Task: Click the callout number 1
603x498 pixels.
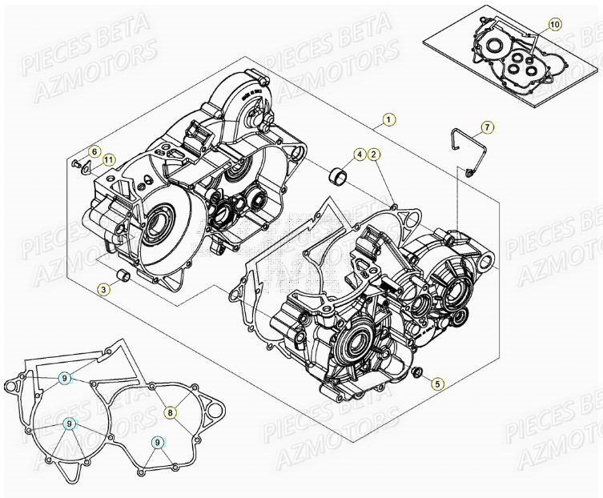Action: point(388,120)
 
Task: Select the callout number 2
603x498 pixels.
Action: point(374,154)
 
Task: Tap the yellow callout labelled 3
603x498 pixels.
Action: point(105,288)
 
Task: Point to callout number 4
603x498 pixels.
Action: point(360,154)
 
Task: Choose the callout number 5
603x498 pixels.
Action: point(437,384)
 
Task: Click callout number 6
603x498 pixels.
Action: point(94,152)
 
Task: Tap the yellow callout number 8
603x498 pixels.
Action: point(170,412)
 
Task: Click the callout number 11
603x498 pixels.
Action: point(109,159)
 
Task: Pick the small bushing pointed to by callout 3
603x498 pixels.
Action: point(123,276)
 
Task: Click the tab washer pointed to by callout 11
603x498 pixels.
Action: point(89,169)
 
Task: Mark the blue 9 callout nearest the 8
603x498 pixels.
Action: point(159,442)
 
